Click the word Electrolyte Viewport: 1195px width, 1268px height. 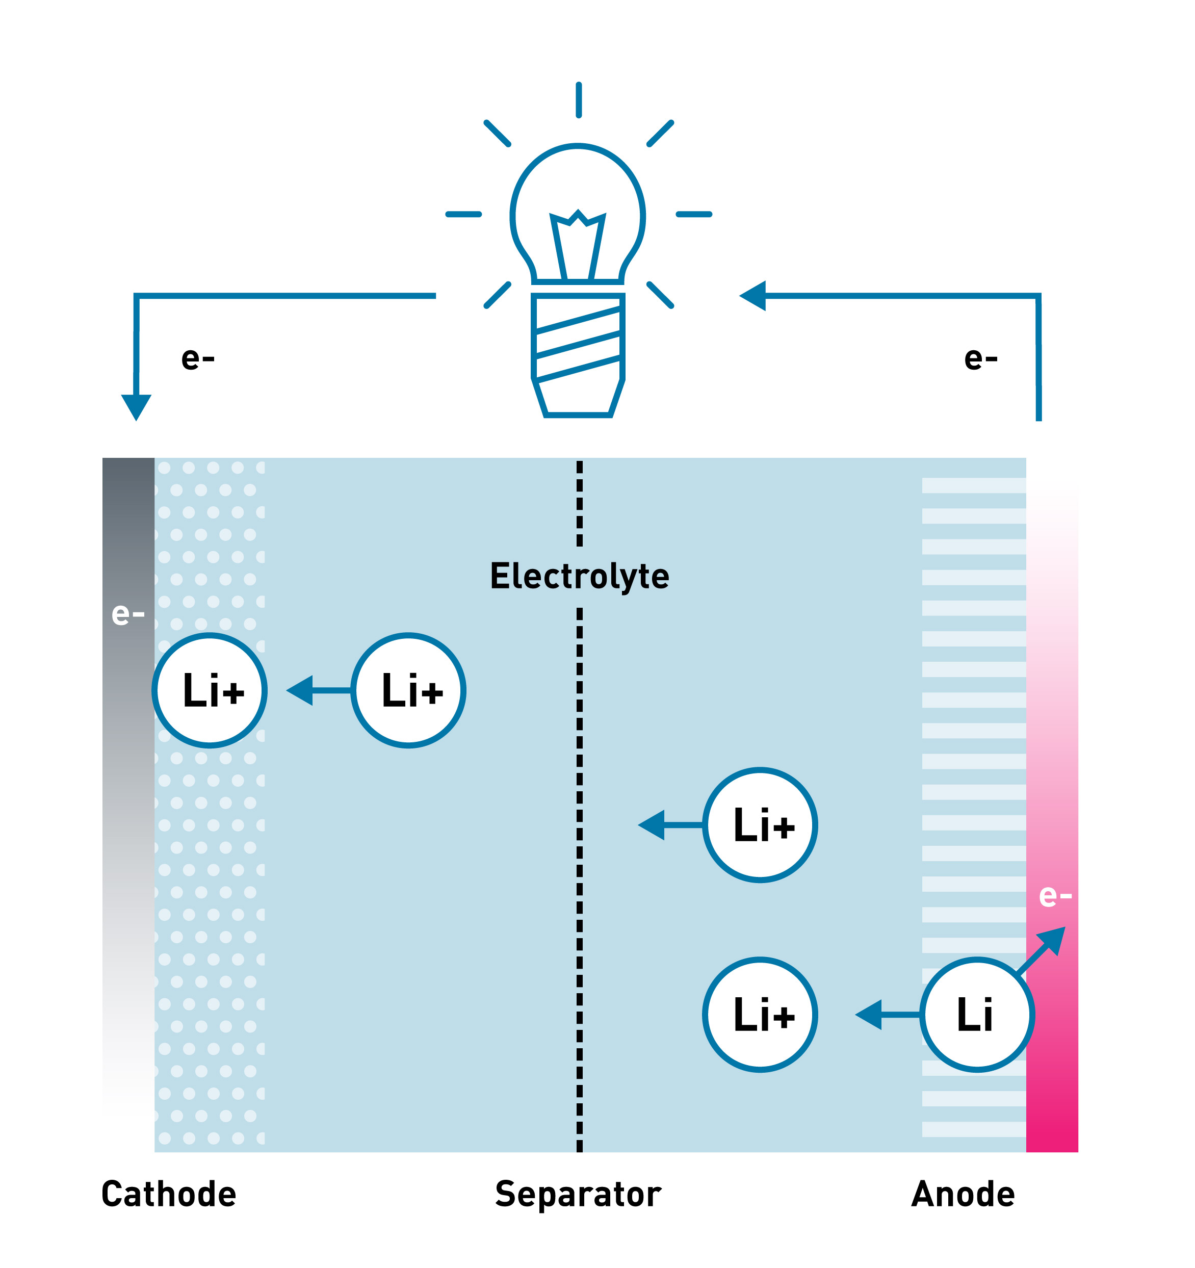(579, 577)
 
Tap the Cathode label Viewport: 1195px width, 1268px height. (168, 1194)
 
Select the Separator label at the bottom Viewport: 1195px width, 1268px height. (578, 1194)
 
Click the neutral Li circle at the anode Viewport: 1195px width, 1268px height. (976, 1015)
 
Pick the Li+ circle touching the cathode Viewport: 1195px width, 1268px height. (210, 690)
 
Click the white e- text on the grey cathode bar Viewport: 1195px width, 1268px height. (128, 614)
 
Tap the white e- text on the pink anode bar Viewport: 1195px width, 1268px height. (1055, 896)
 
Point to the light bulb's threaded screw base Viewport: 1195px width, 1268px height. (578, 345)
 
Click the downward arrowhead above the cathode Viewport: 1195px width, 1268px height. (136, 406)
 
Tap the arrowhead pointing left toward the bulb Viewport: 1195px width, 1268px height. (753, 296)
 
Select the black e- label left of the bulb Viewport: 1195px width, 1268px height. (198, 358)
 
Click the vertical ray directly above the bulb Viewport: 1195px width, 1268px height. (578, 100)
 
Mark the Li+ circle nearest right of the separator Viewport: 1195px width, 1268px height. (760, 825)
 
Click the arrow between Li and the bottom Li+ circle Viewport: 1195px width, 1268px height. (887, 1015)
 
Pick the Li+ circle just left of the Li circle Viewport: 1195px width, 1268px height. (760, 1015)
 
